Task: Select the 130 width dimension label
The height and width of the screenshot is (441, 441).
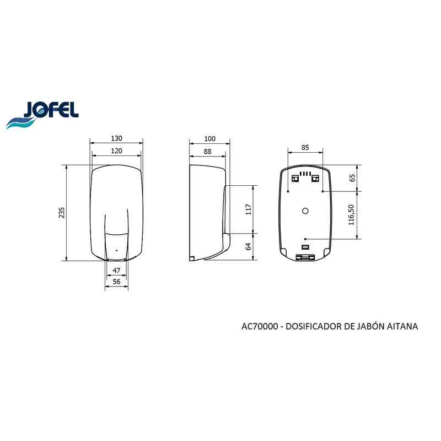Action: pos(116,138)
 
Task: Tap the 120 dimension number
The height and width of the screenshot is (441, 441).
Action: pos(116,150)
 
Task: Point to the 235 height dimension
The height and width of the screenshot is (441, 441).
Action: pos(62,212)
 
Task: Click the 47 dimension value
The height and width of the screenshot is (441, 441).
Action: pos(116,270)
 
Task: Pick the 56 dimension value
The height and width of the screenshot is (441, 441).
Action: pos(116,281)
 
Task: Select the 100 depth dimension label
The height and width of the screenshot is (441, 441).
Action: pos(209,138)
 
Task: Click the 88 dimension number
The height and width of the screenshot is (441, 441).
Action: pos(207,150)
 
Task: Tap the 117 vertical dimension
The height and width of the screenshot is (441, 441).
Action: pos(249,209)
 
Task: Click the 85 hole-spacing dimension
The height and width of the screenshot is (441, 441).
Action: pos(305,147)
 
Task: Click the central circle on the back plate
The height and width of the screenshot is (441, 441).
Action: pos(305,211)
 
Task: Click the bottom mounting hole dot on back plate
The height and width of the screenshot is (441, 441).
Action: pos(305,239)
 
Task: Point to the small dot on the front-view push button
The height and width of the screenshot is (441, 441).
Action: pos(116,250)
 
